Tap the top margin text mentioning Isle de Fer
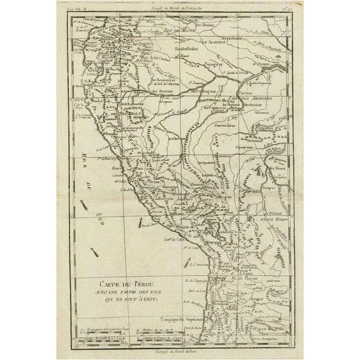(x=181, y=6)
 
